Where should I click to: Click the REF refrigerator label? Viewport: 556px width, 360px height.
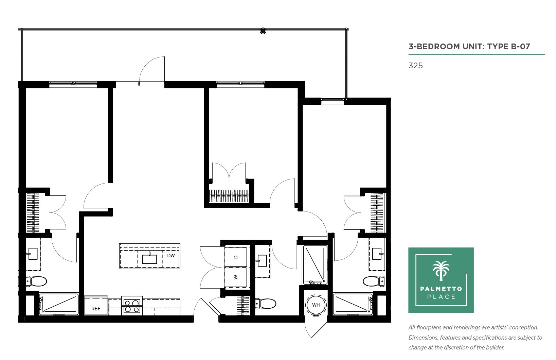pos(96,309)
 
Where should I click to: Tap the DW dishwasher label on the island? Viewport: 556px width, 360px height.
pos(171,256)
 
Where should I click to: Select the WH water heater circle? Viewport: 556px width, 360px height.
pos(316,305)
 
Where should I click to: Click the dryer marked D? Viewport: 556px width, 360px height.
pos(236,257)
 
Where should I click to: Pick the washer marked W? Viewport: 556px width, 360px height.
pos(236,277)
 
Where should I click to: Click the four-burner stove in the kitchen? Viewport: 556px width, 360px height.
pos(132,306)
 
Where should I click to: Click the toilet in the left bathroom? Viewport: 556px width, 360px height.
pos(36,281)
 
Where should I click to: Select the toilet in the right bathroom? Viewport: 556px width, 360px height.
pos(374,281)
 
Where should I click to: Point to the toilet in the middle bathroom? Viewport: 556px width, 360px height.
pos(266,304)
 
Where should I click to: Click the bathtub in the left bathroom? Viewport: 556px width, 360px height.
pos(58,304)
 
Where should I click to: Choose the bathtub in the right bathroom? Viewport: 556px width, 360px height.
pos(353,304)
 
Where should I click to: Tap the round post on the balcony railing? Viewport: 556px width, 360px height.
pos(263,31)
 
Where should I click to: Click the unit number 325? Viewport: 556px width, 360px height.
pos(415,66)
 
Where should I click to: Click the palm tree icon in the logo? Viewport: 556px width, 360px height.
pos(441,271)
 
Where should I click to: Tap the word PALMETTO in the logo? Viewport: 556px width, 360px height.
pos(441,289)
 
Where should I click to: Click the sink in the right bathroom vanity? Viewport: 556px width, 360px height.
pos(377,254)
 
